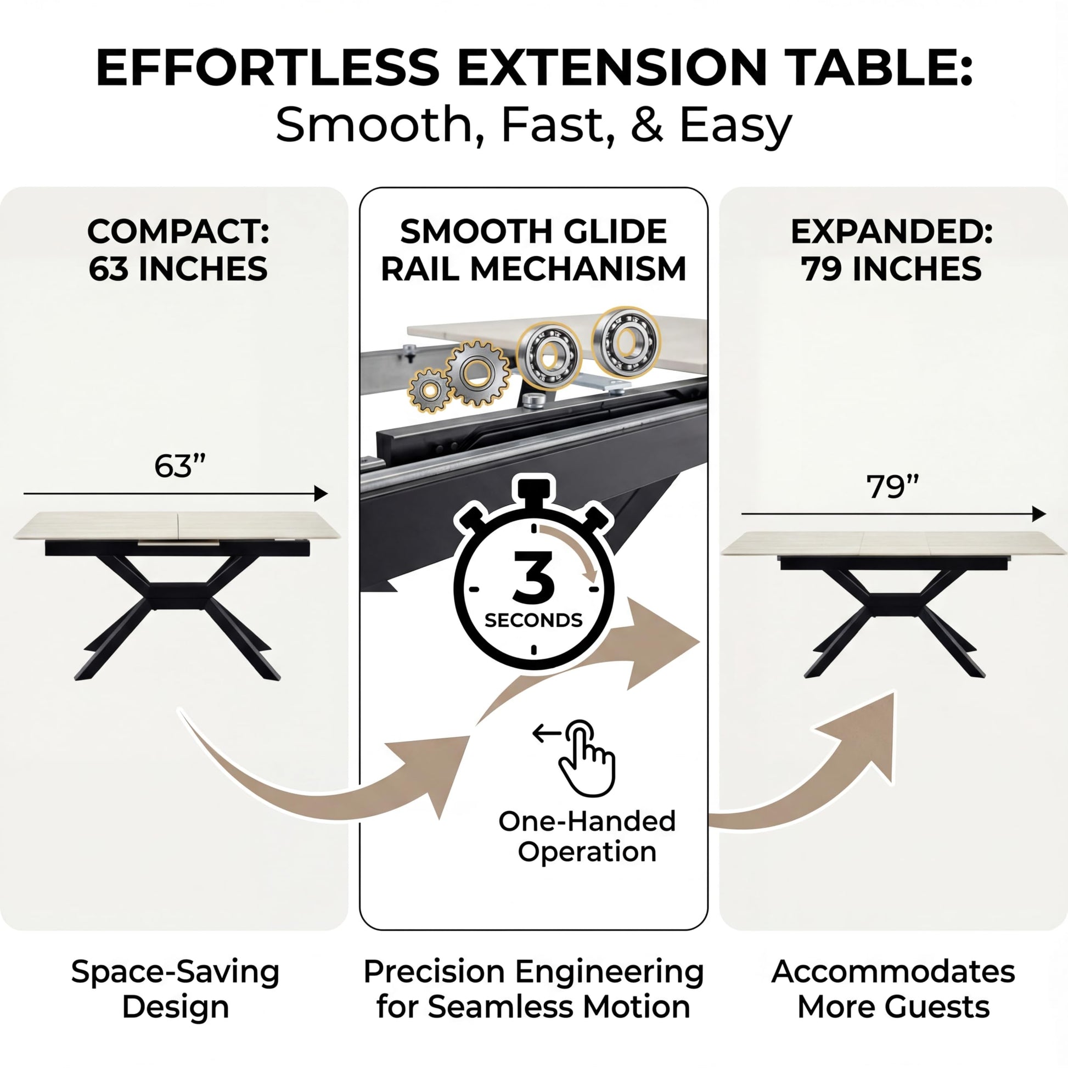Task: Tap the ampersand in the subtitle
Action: tap(647, 125)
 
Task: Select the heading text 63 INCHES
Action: tap(178, 269)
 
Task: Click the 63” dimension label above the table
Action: tap(179, 465)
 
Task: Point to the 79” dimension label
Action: tap(892, 486)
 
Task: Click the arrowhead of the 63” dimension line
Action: tap(321, 493)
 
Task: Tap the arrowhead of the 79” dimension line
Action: tap(1039, 514)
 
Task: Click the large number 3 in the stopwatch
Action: tap(533, 577)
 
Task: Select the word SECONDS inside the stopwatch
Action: tap(533, 620)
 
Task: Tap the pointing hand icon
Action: tap(587, 758)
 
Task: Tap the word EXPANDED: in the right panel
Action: tap(892, 232)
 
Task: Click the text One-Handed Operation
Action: tap(587, 836)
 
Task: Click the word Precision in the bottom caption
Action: tap(435, 972)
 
